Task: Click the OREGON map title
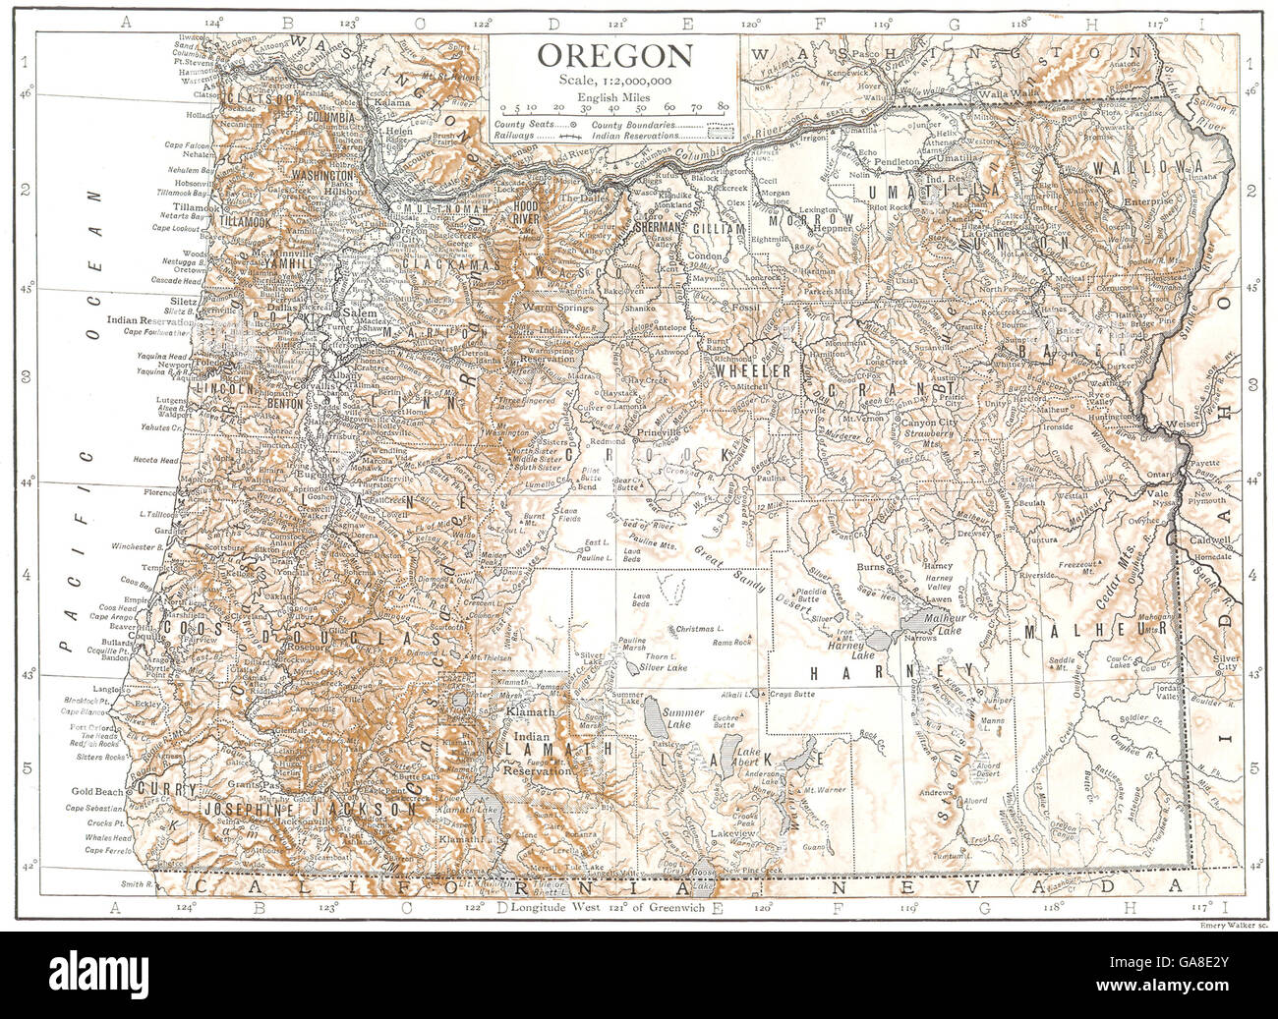pyautogui.click(x=614, y=55)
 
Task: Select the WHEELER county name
pyautogui.click(x=754, y=371)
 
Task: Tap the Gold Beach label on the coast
pyautogui.click(x=92, y=791)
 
